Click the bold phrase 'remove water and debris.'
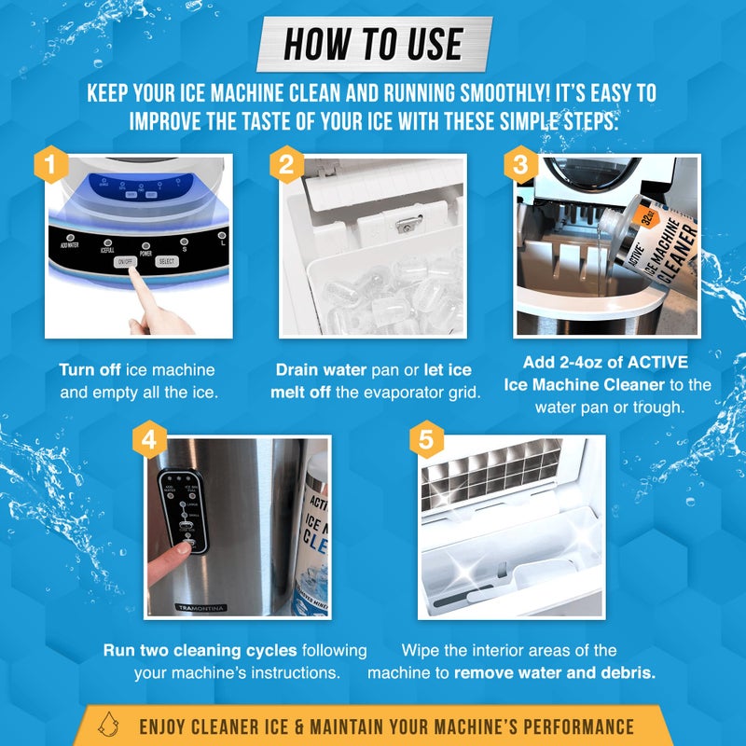pyautogui.click(x=543, y=672)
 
